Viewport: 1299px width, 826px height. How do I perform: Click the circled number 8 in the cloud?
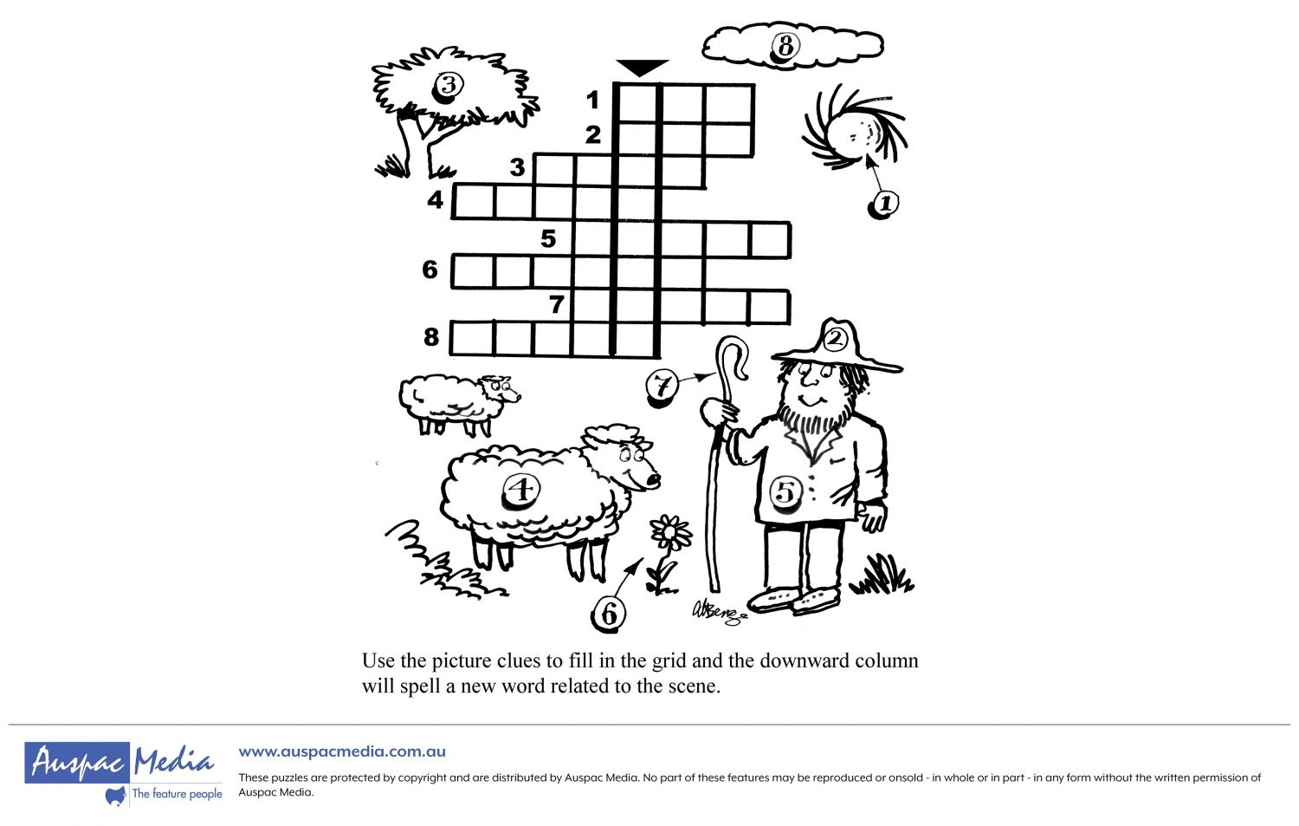[x=785, y=46]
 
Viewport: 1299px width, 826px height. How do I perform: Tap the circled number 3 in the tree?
[x=449, y=87]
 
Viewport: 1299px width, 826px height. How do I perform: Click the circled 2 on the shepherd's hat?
[x=835, y=338]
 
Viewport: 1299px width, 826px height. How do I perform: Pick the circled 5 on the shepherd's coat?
[x=785, y=493]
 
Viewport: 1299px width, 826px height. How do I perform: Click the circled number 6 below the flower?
[x=608, y=614]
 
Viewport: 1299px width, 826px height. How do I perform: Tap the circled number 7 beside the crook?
[x=662, y=386]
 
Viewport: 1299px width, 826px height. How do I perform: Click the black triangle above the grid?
[x=642, y=68]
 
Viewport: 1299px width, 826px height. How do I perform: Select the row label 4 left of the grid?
[x=435, y=199]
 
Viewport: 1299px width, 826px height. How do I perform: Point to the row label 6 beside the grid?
[x=430, y=270]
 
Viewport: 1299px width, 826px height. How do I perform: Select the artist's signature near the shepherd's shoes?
[x=719, y=613]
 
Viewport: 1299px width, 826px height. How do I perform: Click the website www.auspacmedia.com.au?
[x=342, y=751]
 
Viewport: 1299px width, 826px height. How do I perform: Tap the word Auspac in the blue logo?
[x=77, y=762]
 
